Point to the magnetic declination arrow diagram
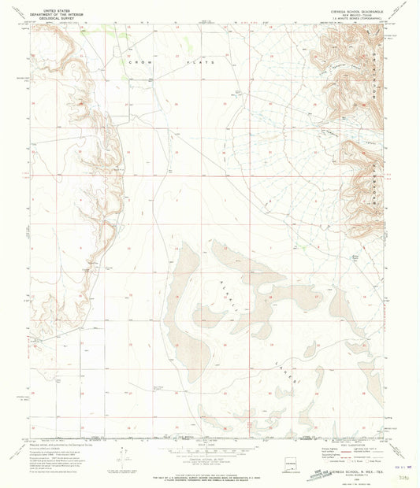[120, 457]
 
